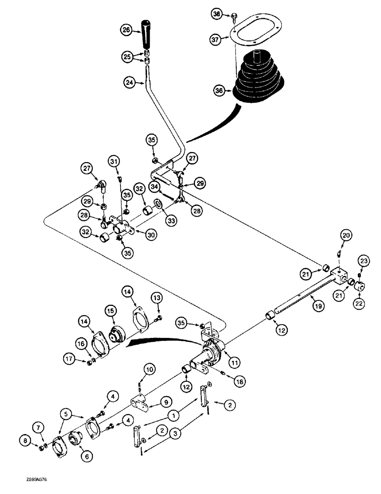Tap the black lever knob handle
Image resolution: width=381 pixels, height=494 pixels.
click(x=147, y=33)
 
